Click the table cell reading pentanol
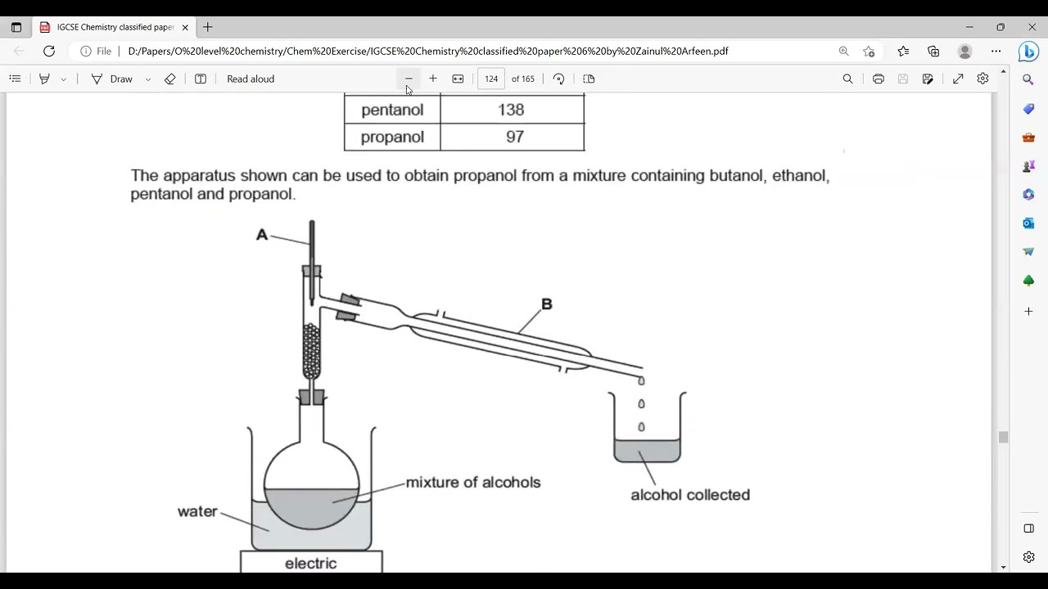(392, 110)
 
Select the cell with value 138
(511, 110)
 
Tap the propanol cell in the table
(392, 137)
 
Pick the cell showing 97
(514, 137)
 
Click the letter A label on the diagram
(262, 235)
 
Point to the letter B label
(546, 304)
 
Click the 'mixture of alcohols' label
(472, 482)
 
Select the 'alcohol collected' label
(689, 494)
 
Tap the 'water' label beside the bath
(197, 511)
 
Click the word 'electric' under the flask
(310, 563)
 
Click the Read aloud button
(250, 79)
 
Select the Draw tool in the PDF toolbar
(112, 79)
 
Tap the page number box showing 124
(491, 79)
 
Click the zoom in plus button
(433, 79)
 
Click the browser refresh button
(49, 51)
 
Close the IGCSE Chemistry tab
(185, 27)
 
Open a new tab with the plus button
(208, 27)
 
